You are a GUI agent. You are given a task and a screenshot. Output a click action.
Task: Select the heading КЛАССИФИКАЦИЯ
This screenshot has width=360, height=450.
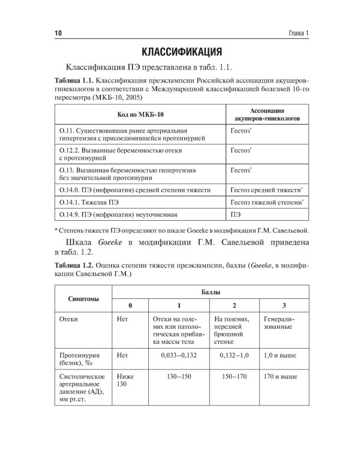click(x=179, y=50)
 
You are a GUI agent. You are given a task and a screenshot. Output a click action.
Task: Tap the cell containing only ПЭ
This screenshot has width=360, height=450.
click(x=235, y=214)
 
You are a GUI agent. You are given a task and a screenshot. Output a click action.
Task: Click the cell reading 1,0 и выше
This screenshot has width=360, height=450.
click(x=280, y=356)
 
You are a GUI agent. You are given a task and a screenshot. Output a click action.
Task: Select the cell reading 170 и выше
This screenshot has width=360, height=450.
click(x=280, y=379)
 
